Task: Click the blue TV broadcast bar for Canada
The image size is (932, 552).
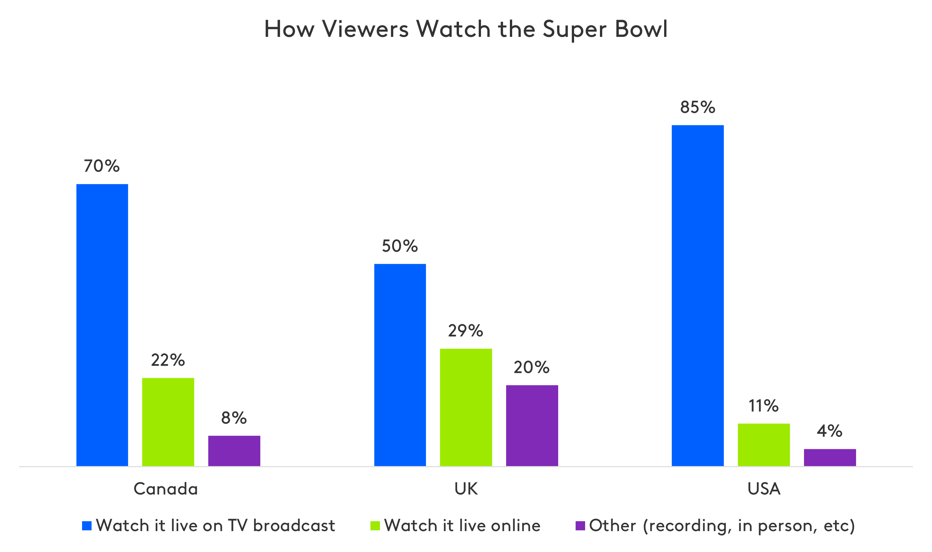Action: pyautogui.click(x=102, y=325)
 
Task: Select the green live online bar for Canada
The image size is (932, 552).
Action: pyautogui.click(x=168, y=422)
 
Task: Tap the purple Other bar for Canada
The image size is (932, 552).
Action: pyautogui.click(x=234, y=450)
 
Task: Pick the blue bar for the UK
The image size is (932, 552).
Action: pyautogui.click(x=400, y=365)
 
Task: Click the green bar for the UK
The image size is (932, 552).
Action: pyautogui.click(x=466, y=407)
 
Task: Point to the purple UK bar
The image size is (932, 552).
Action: pyautogui.click(x=532, y=425)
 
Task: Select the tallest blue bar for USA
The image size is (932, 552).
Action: pyautogui.click(x=698, y=295)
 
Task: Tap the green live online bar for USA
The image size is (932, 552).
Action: pyautogui.click(x=764, y=444)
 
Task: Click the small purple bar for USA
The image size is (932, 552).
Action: pyautogui.click(x=830, y=457)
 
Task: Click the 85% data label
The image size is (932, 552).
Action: pyautogui.click(x=698, y=108)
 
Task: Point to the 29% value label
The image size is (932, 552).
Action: pyautogui.click(x=465, y=331)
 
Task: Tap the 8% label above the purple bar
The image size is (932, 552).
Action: pyautogui.click(x=234, y=418)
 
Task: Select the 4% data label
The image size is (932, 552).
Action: pyautogui.click(x=829, y=431)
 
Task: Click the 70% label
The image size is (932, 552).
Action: pyautogui.click(x=102, y=166)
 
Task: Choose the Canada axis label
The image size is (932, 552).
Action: pyautogui.click(x=166, y=489)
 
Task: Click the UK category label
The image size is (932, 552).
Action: pyautogui.click(x=466, y=489)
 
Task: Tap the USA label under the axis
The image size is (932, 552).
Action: pyautogui.click(x=764, y=489)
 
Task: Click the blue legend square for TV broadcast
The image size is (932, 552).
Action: pyautogui.click(x=87, y=526)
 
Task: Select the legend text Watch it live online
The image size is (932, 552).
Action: pyautogui.click(x=462, y=525)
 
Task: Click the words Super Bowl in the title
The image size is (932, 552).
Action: pyautogui.click(x=604, y=30)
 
